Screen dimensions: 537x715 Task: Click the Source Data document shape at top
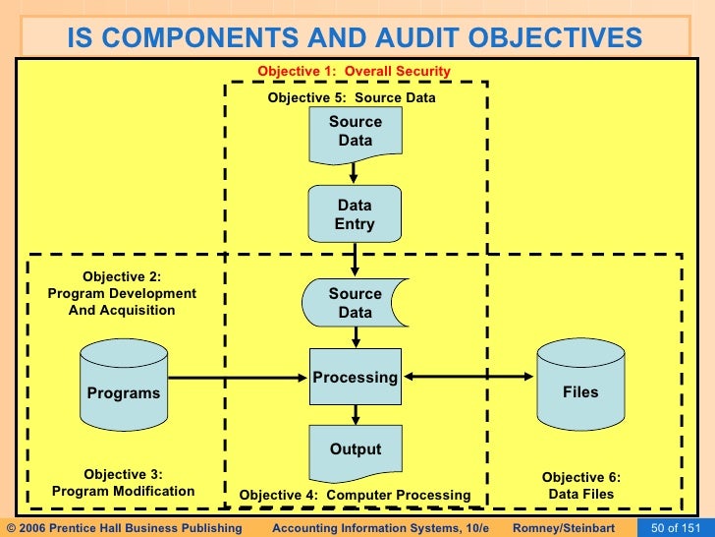coord(355,132)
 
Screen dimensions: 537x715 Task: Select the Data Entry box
coord(355,214)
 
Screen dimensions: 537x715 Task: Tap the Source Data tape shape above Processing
coord(355,303)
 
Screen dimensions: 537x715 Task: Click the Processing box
coord(355,377)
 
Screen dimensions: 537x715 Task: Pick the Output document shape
coord(355,450)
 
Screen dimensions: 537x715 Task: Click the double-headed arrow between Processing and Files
coord(469,377)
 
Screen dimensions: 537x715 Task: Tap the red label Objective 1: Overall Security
coord(354,71)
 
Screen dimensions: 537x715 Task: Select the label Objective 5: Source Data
coord(352,98)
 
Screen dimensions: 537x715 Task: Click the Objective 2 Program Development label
coord(122,294)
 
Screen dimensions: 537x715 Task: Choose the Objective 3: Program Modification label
coord(124,483)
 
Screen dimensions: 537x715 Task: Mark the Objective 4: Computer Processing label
coord(356,494)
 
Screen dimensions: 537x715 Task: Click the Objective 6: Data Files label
coord(581,486)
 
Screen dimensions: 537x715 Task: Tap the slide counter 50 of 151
coord(675,528)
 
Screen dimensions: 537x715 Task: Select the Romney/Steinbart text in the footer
coord(564,528)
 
